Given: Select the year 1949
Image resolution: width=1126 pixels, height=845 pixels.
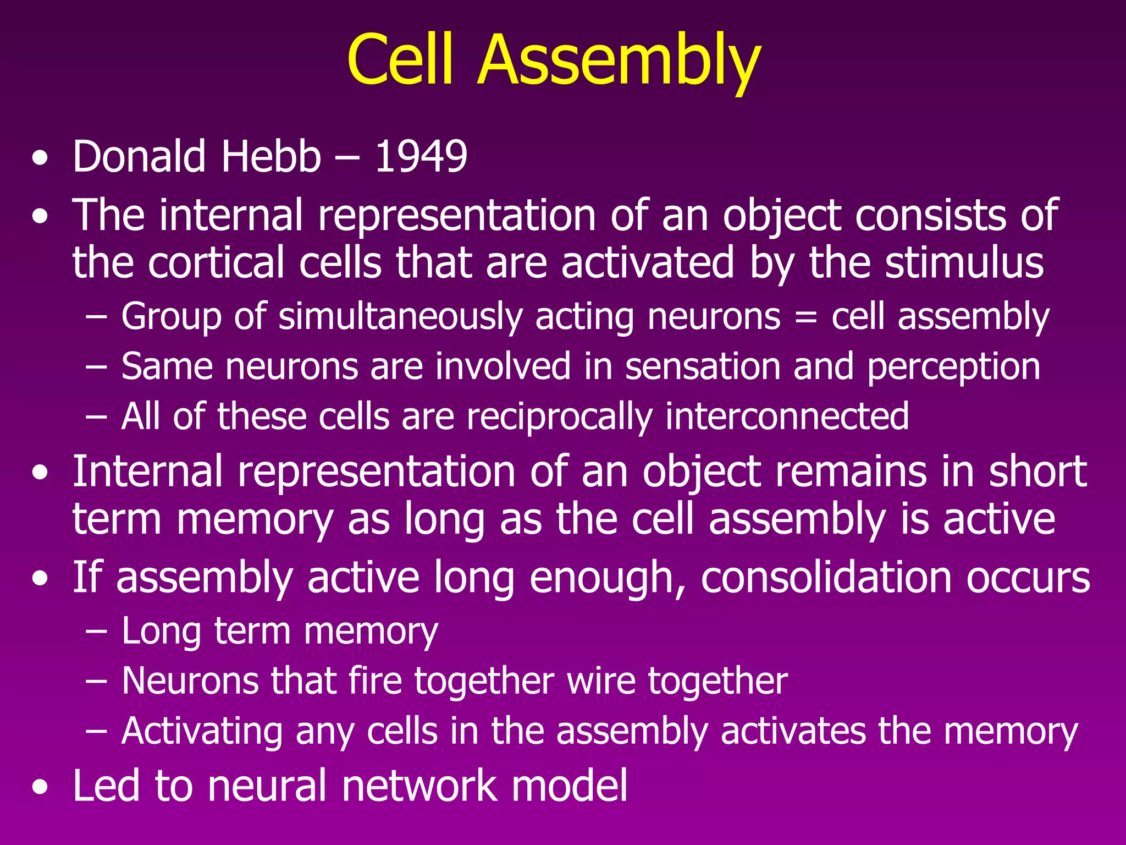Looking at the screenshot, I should click(x=421, y=157).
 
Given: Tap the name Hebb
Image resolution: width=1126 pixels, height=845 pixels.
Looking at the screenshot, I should click(x=271, y=157).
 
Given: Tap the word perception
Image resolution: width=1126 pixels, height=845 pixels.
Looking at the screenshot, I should click(x=953, y=367).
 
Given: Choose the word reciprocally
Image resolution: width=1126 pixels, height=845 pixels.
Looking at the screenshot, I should click(x=559, y=417).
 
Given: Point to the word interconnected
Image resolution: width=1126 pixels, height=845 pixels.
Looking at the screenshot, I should click(x=787, y=416).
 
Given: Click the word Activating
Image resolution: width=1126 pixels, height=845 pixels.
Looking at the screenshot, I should click(x=202, y=732).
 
